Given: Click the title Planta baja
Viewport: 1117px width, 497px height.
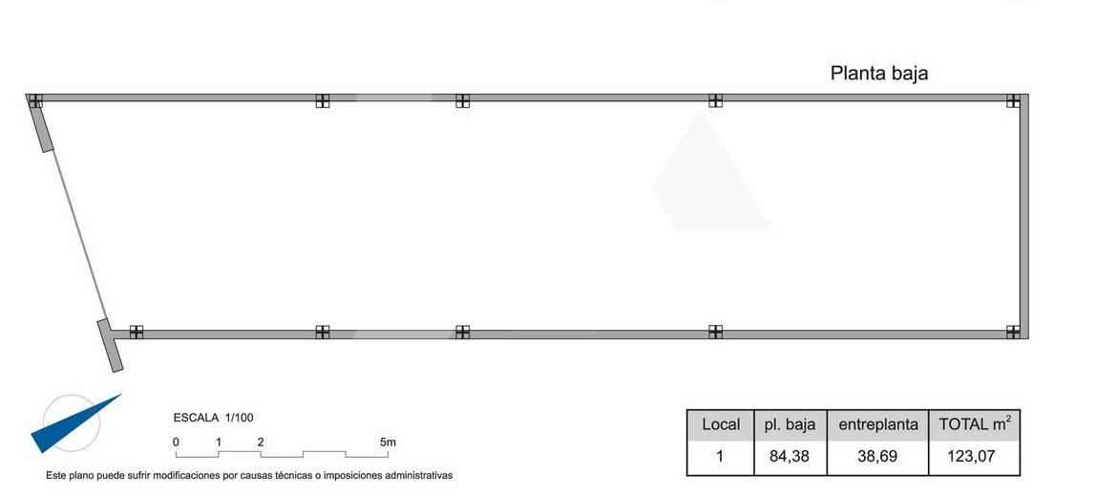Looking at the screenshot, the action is click(x=879, y=74).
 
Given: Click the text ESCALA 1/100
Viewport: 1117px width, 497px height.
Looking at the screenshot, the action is click(x=213, y=418).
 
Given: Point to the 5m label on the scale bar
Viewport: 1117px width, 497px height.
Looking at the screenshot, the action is click(x=388, y=443).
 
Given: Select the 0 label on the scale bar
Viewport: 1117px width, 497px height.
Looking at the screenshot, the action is click(x=176, y=443).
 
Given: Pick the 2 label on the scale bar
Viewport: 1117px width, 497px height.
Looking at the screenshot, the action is click(x=261, y=443).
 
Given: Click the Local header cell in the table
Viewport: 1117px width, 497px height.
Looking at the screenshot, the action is click(x=721, y=425).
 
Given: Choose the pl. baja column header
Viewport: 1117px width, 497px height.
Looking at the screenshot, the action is click(x=790, y=425).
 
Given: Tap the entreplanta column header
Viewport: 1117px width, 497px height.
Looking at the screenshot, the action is click(x=877, y=425).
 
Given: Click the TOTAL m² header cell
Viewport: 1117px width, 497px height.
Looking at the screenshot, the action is click(x=975, y=425).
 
